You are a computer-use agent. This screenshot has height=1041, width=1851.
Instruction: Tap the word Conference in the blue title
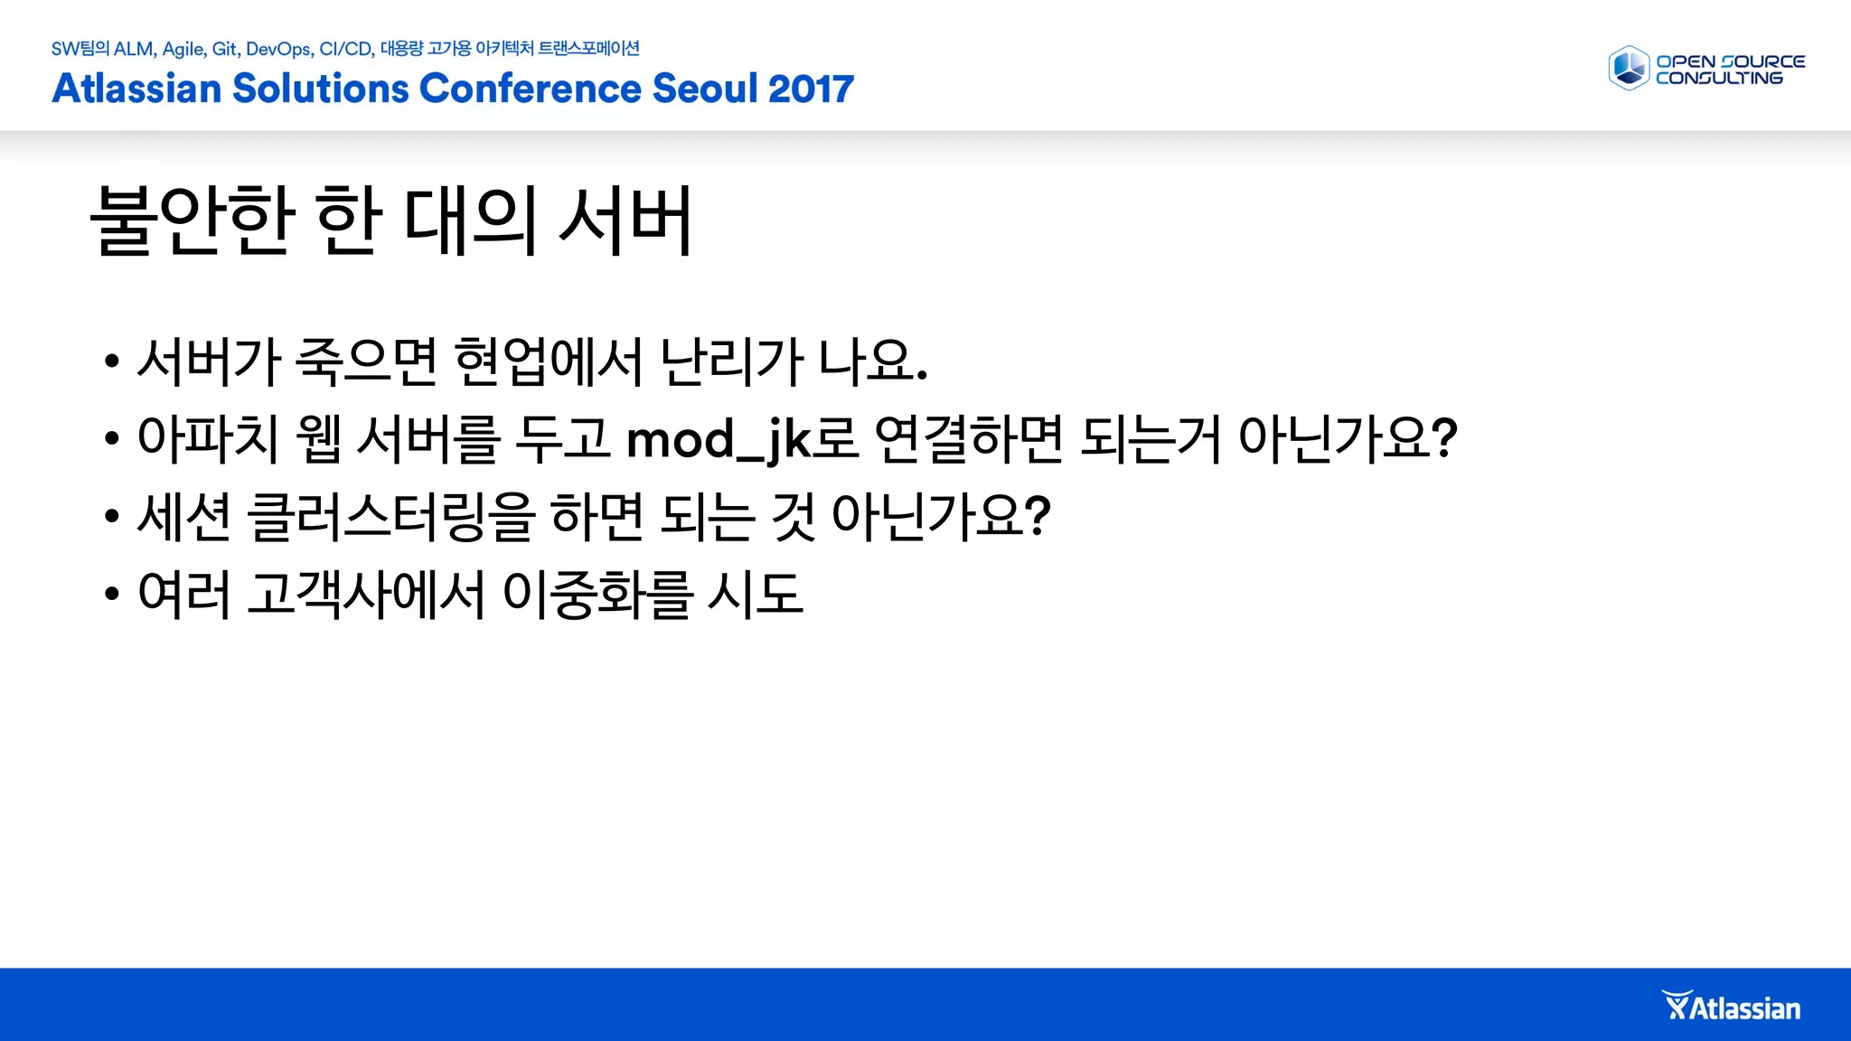(531, 89)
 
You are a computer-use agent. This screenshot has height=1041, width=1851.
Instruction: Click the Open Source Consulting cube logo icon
(1629, 69)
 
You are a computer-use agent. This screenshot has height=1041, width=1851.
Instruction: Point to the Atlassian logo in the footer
(1731, 1007)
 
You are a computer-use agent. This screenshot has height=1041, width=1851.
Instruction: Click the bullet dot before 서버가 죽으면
(112, 362)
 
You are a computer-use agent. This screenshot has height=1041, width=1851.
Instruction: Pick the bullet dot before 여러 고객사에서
(112, 595)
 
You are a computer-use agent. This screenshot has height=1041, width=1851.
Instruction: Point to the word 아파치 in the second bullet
(208, 439)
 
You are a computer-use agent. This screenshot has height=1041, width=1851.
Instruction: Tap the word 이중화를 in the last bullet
(597, 595)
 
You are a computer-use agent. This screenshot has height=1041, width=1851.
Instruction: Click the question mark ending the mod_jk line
(1445, 439)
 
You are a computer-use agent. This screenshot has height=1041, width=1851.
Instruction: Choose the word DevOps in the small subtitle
(278, 49)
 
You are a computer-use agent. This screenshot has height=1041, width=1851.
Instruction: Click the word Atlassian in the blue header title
(136, 89)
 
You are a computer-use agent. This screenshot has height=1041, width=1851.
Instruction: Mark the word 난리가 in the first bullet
(732, 361)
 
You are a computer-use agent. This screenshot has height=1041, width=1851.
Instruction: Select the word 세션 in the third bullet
(184, 517)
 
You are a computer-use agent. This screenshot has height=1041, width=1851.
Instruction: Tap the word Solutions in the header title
(320, 89)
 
